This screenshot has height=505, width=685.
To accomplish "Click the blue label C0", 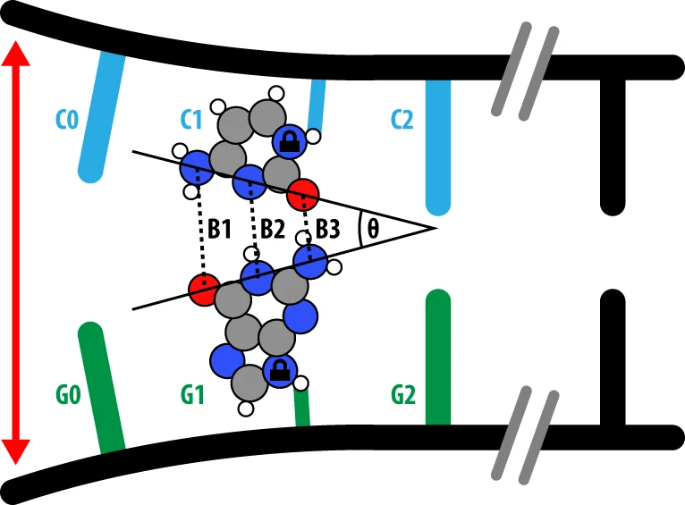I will (x=67, y=119).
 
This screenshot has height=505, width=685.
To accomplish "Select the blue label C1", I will (x=190, y=119).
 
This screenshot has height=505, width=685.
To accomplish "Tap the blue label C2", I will (x=402, y=119).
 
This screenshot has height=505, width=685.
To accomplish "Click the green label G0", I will (x=67, y=393).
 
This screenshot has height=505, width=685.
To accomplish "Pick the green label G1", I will (x=190, y=393).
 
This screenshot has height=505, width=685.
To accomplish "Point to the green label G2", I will (x=403, y=393).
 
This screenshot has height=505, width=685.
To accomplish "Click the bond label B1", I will (x=220, y=229).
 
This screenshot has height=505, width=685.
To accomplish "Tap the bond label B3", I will (x=327, y=229).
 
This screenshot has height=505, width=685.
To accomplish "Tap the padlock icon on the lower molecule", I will (x=279, y=370).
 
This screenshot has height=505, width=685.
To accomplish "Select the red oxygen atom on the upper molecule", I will (x=304, y=191).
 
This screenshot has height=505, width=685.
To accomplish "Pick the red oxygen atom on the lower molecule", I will (x=204, y=289).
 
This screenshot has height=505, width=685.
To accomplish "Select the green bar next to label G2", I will (x=437, y=358).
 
